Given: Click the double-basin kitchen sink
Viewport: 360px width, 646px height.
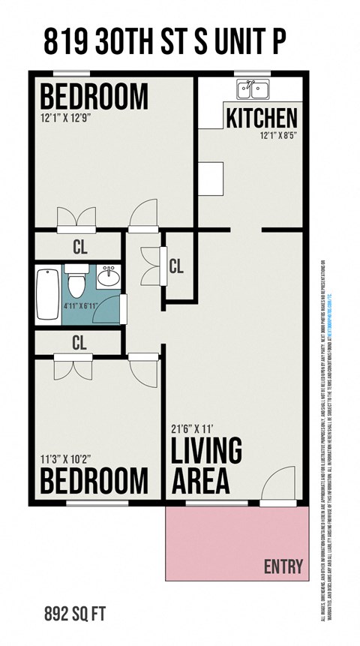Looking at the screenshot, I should (x=253, y=91).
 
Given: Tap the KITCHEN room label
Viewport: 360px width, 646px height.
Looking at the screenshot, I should (x=262, y=118).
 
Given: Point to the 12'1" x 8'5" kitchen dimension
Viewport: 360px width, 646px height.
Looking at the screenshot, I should (x=279, y=135).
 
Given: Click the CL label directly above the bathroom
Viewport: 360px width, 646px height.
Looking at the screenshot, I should (x=79, y=245).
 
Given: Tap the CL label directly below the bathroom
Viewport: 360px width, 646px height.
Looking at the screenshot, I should (x=79, y=343).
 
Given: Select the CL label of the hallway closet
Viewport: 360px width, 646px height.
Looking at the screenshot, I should (x=177, y=265).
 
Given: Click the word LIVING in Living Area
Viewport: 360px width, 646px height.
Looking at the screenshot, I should (x=207, y=452).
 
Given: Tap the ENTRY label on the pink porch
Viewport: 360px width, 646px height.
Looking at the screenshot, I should (x=283, y=566).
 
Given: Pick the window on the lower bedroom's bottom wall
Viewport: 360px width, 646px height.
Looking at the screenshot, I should (x=86, y=503).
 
